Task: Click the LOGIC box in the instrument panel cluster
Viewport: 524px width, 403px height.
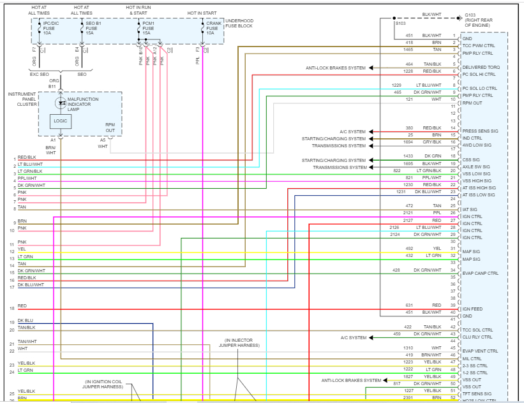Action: point(61,120)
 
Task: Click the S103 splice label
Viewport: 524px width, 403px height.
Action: point(400,23)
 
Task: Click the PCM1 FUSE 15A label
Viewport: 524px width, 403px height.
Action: point(148,28)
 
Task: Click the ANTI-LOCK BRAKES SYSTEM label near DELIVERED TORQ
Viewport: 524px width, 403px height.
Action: point(336,68)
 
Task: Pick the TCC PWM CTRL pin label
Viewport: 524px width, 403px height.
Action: point(478,46)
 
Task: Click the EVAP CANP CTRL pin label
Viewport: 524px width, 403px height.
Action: point(480,273)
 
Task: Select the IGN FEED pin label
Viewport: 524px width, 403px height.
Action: point(472,308)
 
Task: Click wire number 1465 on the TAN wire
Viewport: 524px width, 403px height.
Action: point(408,49)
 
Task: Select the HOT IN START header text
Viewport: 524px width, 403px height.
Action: point(202,13)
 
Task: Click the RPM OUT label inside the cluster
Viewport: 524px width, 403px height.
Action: point(110,128)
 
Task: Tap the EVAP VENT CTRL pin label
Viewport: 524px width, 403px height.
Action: point(480,351)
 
